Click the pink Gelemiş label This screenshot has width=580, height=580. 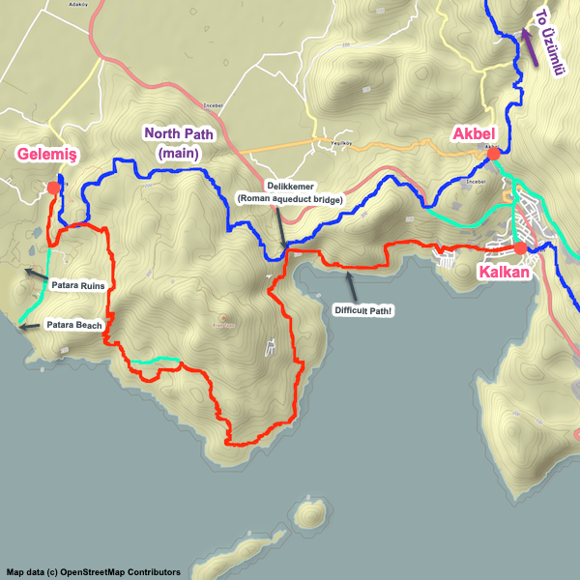45,154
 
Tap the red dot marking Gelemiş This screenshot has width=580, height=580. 52,188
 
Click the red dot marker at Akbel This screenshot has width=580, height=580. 493,154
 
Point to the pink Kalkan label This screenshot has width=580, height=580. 505,273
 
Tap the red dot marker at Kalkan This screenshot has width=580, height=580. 521,248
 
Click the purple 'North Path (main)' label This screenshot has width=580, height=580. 178,142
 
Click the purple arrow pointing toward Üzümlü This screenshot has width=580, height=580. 528,43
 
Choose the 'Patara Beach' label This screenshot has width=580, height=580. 74,326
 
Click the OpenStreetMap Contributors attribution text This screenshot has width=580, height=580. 93,572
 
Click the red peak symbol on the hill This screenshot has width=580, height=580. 224,317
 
